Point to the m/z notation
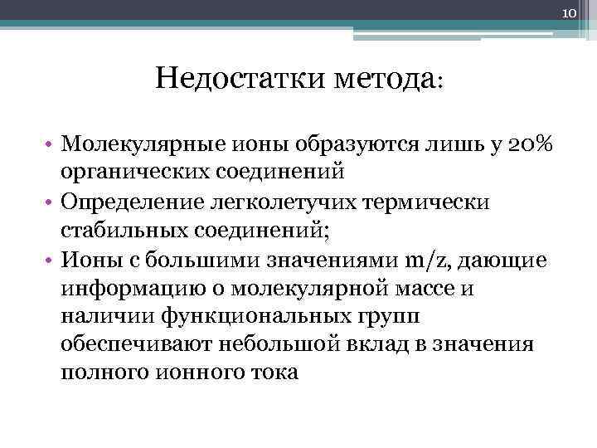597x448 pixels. point(429,259)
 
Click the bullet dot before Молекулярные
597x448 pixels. point(51,147)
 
